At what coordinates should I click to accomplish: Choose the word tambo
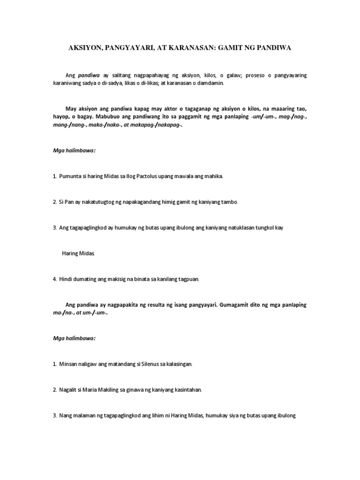228,202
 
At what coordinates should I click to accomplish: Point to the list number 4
54,279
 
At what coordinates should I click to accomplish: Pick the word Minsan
69,363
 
